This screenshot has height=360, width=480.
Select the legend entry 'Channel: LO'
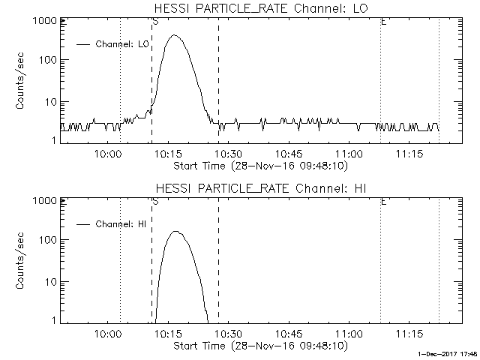pos(122,43)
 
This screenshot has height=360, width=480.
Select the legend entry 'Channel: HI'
pos(121,223)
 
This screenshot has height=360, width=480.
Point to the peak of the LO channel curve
pos(175,35)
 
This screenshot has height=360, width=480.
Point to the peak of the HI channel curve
pos(177,232)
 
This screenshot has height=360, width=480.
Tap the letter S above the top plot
pos(154,22)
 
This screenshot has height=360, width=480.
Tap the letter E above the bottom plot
pos(383,201)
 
